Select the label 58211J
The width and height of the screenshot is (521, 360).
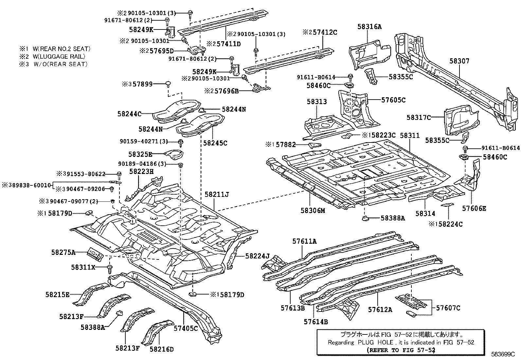[217, 194]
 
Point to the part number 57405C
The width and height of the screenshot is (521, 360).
[186, 328]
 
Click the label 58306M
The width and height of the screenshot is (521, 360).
[313, 211]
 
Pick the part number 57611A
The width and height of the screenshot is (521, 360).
[304, 241]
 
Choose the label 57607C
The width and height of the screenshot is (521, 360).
[448, 308]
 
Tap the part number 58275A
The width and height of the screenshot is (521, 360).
[63, 252]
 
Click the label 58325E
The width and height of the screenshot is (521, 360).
[140, 154]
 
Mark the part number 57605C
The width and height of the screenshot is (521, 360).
[393, 100]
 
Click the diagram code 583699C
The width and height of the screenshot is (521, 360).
[503, 354]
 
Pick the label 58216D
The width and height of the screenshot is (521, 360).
[162, 349]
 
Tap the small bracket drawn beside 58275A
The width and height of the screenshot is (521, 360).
[95, 254]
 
